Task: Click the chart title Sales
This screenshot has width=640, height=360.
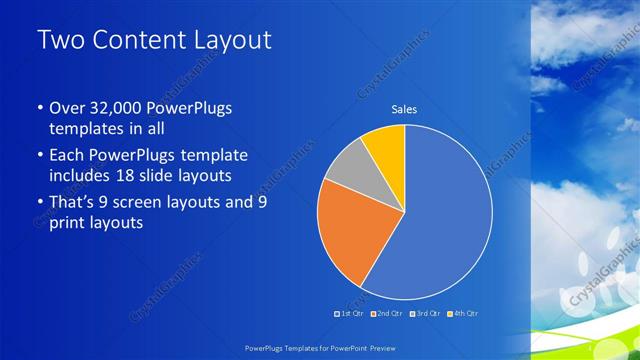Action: point(404,110)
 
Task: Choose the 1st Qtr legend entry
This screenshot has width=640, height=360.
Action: point(349,314)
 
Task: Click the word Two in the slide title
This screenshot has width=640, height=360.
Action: point(59,42)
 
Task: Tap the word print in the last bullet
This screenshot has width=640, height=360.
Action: point(69,224)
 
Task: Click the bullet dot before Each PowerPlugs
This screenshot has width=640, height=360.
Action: point(39,156)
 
